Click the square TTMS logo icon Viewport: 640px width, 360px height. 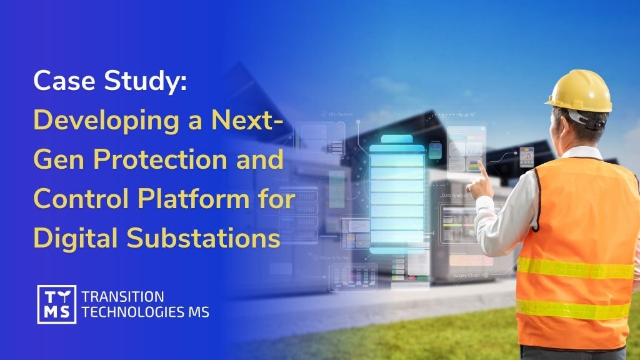[x=56, y=304]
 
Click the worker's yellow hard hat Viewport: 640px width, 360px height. [x=581, y=89]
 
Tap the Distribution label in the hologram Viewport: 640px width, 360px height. [x=340, y=114]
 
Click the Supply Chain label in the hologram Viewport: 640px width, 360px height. [x=466, y=275]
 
